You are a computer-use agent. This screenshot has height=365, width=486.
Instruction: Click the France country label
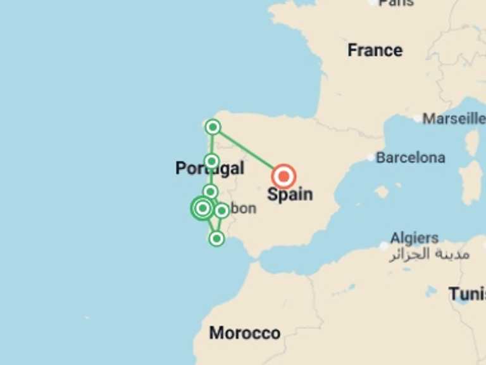coord(375,50)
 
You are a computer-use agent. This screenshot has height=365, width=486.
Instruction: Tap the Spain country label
coord(290,194)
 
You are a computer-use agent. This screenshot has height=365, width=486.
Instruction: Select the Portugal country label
coord(209,169)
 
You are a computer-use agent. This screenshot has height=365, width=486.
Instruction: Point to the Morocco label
coord(244,333)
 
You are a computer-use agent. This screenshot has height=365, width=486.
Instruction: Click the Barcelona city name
coord(410,157)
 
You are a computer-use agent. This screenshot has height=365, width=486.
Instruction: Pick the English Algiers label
coord(414,238)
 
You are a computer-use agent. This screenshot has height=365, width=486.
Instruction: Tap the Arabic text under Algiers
coord(429,255)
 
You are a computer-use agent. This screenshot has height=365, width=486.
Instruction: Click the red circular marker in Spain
coord(283,176)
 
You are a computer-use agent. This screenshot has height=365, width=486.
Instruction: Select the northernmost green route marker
coord(213,127)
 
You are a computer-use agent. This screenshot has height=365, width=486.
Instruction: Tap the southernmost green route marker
coord(216,238)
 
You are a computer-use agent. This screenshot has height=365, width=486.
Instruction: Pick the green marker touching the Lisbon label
coord(221,210)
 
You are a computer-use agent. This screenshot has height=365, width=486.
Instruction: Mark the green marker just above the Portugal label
coord(211,161)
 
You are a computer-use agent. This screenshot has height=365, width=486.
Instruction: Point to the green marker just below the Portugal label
coord(211,191)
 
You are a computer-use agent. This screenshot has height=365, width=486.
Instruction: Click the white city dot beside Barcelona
coord(371,157)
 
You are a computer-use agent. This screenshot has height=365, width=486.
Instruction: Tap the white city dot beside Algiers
coord(384,245)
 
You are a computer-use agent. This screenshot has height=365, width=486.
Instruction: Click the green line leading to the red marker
coord(247,151)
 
